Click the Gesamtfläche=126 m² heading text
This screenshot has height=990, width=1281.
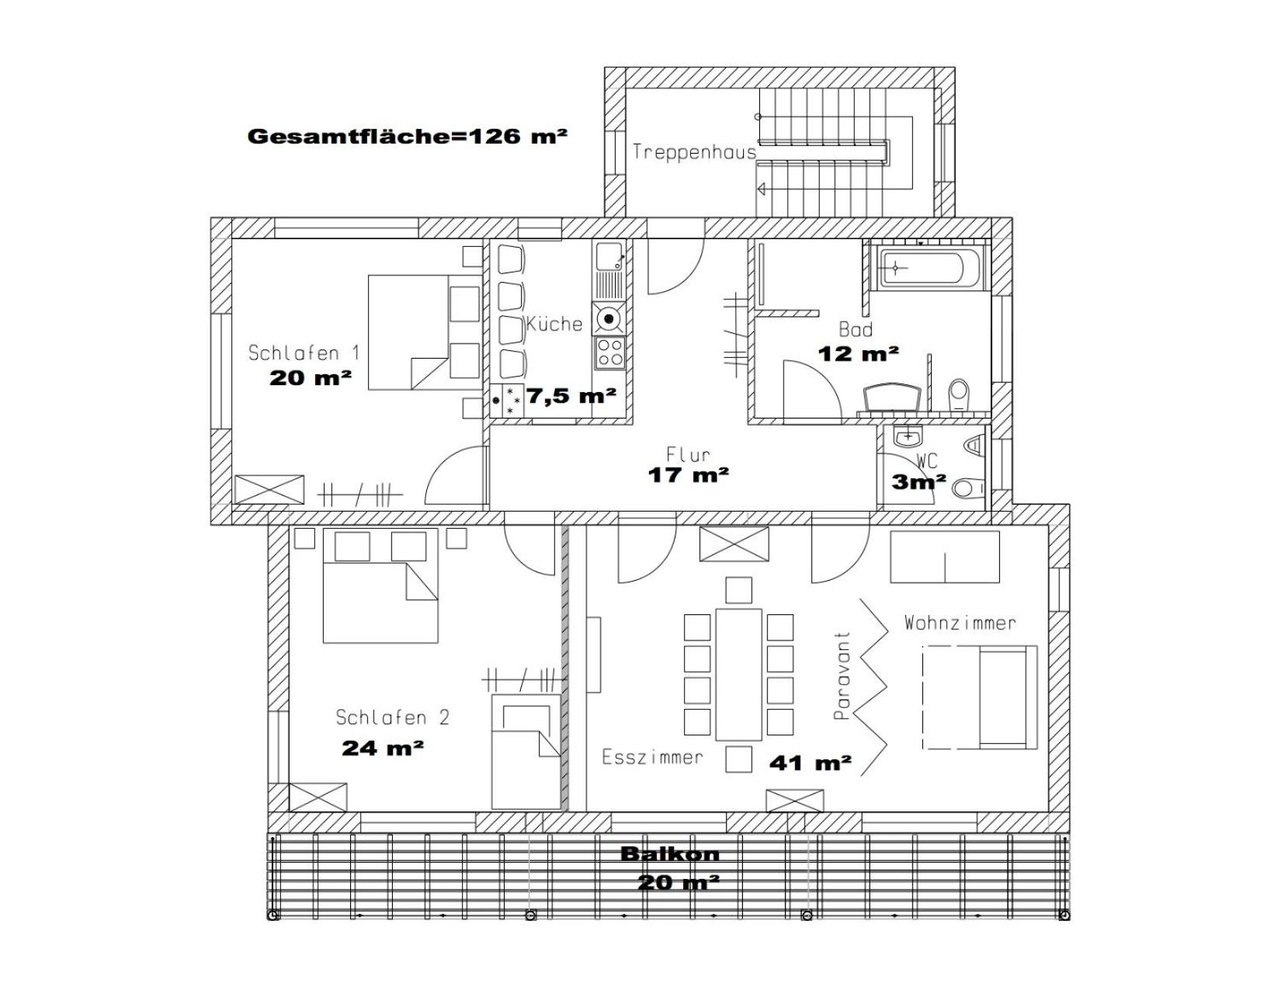pyautogui.click(x=407, y=136)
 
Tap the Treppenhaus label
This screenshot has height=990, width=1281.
pyautogui.click(x=694, y=152)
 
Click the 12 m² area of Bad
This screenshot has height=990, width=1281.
pyautogui.click(x=859, y=354)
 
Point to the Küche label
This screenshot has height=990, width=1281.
pyautogui.click(x=554, y=323)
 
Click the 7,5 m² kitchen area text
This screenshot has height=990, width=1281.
pyautogui.click(x=571, y=395)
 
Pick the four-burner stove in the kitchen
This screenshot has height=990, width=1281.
pyautogui.click(x=609, y=352)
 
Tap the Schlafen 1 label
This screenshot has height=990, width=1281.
pyautogui.click(x=304, y=353)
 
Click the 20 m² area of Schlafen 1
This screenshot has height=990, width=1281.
pyautogui.click(x=310, y=377)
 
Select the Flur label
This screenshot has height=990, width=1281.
pyautogui.click(x=688, y=454)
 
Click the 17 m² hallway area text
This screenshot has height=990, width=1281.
pyautogui.click(x=688, y=474)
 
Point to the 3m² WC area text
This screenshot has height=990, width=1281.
pyautogui.click(x=918, y=481)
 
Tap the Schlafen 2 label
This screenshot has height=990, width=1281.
pyautogui.click(x=392, y=717)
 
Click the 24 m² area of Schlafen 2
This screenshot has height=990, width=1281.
pyautogui.click(x=383, y=749)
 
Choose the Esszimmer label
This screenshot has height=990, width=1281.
pyautogui.click(x=652, y=757)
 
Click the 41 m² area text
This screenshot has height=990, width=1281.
pyautogui.click(x=810, y=763)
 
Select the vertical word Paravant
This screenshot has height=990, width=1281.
pyautogui.click(x=842, y=675)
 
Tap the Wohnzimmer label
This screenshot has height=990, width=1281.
pyautogui.click(x=960, y=623)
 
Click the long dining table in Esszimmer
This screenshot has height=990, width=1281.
pyautogui.click(x=738, y=675)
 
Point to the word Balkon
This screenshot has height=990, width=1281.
pyautogui.click(x=670, y=854)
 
